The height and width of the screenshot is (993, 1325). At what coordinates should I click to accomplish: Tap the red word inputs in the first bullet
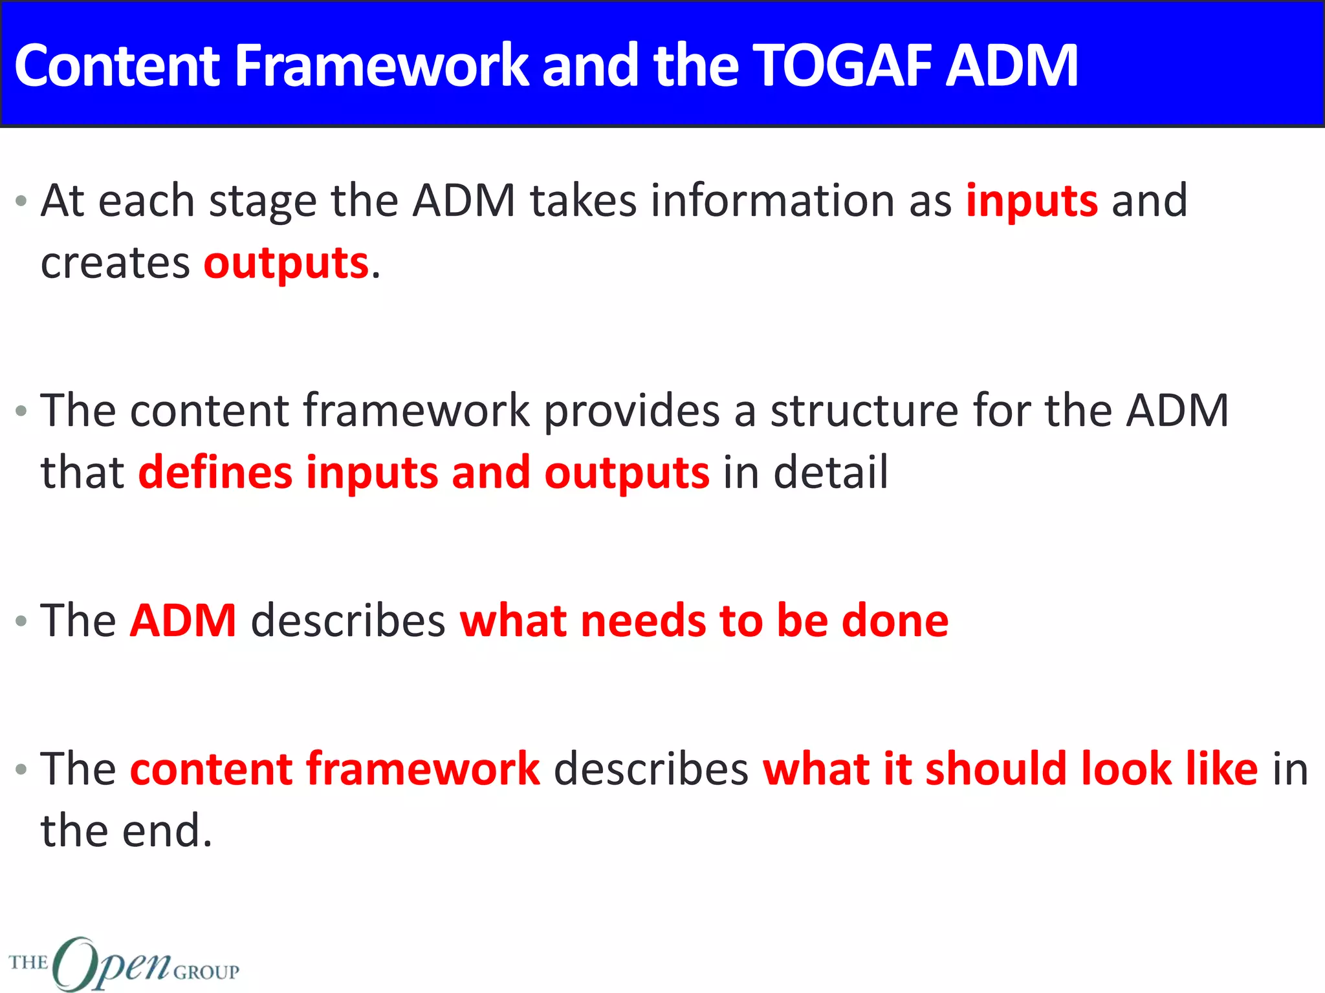coord(1031,202)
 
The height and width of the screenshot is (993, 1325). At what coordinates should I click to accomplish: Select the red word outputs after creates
coord(286,264)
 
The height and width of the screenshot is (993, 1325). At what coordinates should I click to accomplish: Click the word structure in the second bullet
coord(864,411)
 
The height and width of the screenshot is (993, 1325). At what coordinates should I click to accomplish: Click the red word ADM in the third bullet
coord(183,621)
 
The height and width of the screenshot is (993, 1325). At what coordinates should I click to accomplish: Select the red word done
coord(895,621)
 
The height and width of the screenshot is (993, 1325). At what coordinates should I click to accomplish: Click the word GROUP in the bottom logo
coord(206,972)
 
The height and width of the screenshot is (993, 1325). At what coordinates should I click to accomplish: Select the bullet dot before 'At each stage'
coord(21,201)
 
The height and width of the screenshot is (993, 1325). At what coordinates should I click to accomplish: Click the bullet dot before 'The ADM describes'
coord(21,621)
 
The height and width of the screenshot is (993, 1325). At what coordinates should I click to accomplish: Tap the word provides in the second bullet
coord(631,412)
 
